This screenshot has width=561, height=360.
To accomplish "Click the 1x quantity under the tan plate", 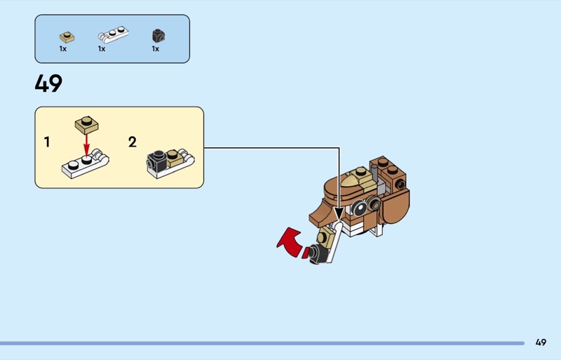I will [x=63, y=49].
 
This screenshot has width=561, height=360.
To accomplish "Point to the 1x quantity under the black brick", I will [x=156, y=49].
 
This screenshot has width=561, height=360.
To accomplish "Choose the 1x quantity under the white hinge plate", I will [x=102, y=49].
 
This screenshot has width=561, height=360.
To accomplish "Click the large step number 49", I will [x=48, y=84].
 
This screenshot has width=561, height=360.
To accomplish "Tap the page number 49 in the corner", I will [x=540, y=342].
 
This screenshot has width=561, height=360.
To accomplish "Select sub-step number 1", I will [x=47, y=142].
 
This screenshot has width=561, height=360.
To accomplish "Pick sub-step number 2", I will [x=133, y=142].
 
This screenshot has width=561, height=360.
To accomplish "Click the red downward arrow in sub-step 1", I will [x=88, y=145].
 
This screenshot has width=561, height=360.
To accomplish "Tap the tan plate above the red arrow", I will [x=88, y=124].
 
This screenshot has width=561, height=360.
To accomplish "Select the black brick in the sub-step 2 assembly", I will [x=156, y=162].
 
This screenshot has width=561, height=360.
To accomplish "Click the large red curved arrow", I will [x=291, y=244].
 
